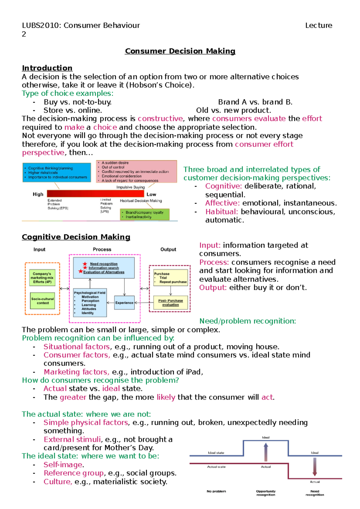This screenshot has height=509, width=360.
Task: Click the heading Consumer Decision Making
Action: point(180,51)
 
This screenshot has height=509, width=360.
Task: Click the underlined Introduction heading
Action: point(47,68)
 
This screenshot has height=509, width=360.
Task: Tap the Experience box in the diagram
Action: point(124,303)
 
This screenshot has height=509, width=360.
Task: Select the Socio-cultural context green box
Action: point(43,301)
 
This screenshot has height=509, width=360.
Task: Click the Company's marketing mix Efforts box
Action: point(42,278)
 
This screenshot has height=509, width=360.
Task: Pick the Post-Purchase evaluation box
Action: point(170,303)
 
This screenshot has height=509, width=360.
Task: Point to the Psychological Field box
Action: point(90,303)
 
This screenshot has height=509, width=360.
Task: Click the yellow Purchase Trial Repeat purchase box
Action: point(170,278)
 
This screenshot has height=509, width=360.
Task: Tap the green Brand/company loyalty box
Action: point(145,215)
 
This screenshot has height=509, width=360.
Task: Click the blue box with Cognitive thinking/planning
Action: point(57,173)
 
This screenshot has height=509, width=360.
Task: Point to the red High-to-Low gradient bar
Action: point(95,194)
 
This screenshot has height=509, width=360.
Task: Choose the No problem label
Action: point(216,491)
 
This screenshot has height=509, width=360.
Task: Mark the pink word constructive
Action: point(160,119)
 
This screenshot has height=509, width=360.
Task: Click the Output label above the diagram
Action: point(168,249)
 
